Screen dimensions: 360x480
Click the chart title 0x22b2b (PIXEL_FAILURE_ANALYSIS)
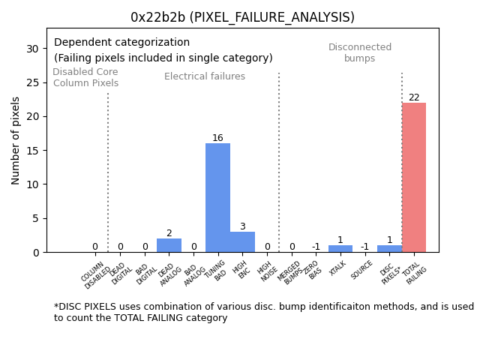pyautogui.click(x=242, y=17)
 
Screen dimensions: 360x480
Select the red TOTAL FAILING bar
pyautogui.click(x=414, y=177)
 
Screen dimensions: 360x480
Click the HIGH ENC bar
pyautogui.click(x=242, y=241)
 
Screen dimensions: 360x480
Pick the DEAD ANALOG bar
pyautogui.click(x=169, y=245)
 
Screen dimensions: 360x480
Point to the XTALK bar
pyautogui.click(x=340, y=248)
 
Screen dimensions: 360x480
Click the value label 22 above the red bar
pyautogui.click(x=414, y=97)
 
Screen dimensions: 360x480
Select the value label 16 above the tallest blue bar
pyautogui.click(x=217, y=138)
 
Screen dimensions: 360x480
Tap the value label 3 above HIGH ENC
pyautogui.click(x=242, y=226)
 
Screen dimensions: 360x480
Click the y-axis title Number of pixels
pyautogui.click(x=16, y=140)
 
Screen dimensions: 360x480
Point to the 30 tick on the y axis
pyautogui.click(x=32, y=49)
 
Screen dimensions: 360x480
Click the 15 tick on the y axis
pyautogui.click(x=32, y=150)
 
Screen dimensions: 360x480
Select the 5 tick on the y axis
pyautogui.click(x=35, y=218)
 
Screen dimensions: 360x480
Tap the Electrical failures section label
pyautogui.click(x=205, y=76)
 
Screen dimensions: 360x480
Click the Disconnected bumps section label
pyautogui.click(x=360, y=53)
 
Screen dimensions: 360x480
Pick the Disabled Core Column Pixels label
pyautogui.click(x=85, y=78)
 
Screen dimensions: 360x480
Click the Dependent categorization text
pyautogui.click(x=121, y=43)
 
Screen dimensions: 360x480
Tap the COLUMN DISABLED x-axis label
pyautogui.click(x=95, y=275)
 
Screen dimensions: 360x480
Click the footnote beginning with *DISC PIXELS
pyautogui.click(x=263, y=312)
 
